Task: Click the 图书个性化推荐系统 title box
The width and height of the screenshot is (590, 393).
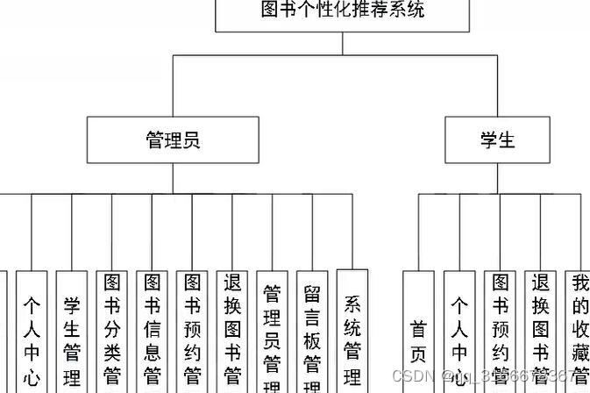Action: click(x=343, y=13)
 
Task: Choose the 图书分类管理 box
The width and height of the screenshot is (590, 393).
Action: click(x=112, y=332)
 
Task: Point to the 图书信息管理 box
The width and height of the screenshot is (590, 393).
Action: click(x=153, y=332)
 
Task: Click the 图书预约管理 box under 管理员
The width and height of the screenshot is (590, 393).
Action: click(x=193, y=332)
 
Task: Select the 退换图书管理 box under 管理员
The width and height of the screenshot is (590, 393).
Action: click(x=233, y=332)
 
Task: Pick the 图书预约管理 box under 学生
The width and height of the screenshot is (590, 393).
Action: click(x=500, y=332)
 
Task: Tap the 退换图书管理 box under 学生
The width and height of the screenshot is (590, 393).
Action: click(x=540, y=332)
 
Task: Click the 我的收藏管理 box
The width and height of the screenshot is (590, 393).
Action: click(x=579, y=332)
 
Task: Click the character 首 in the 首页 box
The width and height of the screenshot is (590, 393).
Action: click(x=419, y=330)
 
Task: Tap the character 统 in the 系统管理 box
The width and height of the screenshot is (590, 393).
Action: click(x=352, y=330)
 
